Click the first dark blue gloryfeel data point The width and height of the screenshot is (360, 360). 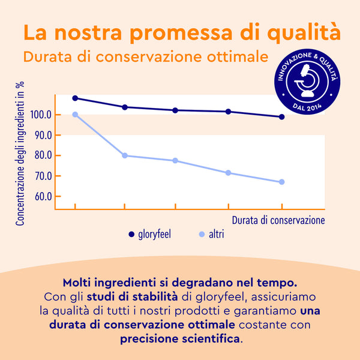[x=75, y=98]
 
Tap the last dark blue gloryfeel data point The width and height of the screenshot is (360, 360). [x=281, y=117]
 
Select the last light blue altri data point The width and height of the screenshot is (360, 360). [x=281, y=182]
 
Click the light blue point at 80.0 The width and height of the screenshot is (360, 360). [x=125, y=155]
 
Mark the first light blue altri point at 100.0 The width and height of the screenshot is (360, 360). [x=75, y=115]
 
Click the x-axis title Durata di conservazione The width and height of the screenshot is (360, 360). [x=278, y=220]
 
